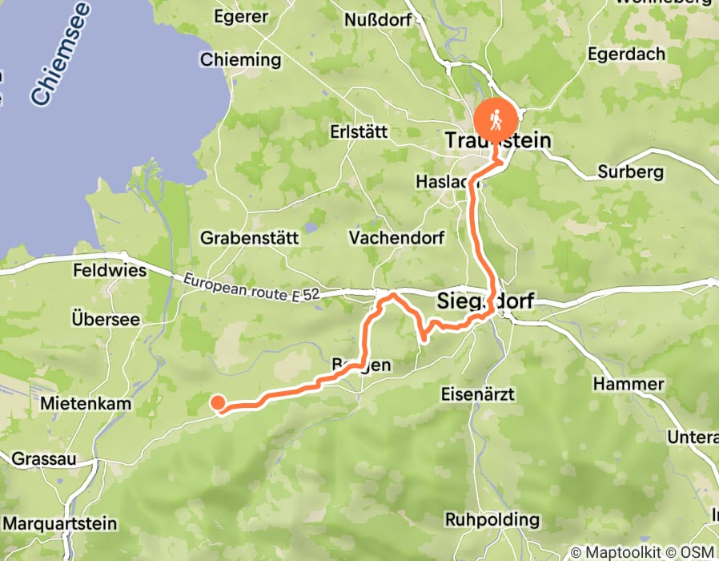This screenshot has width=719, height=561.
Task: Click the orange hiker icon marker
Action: [496, 120]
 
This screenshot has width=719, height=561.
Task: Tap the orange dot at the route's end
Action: [217, 403]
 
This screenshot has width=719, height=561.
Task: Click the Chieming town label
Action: [241, 60]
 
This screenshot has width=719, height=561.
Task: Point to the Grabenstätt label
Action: [249, 238]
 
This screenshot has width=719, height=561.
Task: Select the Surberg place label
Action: [631, 172]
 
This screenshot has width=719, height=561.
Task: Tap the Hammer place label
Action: [629, 385]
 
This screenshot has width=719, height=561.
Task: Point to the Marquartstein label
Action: [58, 524]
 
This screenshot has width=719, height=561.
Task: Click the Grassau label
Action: [44, 460]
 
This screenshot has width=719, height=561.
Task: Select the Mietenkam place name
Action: [85, 404]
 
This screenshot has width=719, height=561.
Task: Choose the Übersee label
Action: [105, 319]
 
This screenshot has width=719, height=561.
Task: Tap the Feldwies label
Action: [109, 271]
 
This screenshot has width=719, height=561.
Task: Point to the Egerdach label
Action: [627, 55]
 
